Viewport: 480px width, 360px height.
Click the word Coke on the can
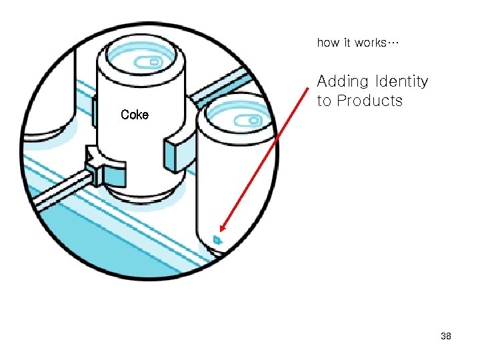click(135, 115)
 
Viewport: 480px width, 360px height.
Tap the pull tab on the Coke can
click(155, 61)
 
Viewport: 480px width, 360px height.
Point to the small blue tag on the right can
click(217, 239)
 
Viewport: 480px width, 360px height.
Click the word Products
click(369, 101)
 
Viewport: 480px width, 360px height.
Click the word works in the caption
click(370, 43)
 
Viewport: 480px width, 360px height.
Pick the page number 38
click(446, 337)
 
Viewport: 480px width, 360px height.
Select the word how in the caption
click(327, 43)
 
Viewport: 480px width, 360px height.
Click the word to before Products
click(324, 101)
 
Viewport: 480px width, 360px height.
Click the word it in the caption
click(347, 43)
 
